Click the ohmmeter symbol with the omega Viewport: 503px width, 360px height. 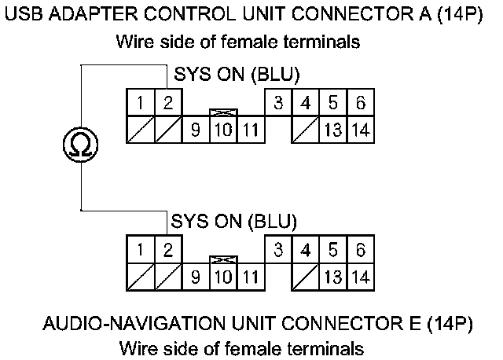81,143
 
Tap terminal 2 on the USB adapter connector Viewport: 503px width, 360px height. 167,103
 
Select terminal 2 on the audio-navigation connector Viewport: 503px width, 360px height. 167,251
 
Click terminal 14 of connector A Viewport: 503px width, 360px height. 360,129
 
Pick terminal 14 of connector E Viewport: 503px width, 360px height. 360,277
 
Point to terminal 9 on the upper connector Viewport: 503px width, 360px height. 195,129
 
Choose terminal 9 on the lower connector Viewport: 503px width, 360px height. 195,277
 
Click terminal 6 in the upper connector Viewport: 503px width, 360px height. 360,103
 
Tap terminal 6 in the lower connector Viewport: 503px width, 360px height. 360,251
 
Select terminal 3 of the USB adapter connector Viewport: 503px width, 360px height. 278,103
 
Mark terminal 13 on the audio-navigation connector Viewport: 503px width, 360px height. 332,277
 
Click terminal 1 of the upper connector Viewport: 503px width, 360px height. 140,103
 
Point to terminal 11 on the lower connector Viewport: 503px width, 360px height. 250,277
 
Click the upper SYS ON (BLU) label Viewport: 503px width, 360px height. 236,75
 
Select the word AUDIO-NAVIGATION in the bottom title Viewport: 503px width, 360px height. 133,324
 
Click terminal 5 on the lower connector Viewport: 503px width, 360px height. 332,251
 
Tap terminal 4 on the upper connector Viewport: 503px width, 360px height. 306,103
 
